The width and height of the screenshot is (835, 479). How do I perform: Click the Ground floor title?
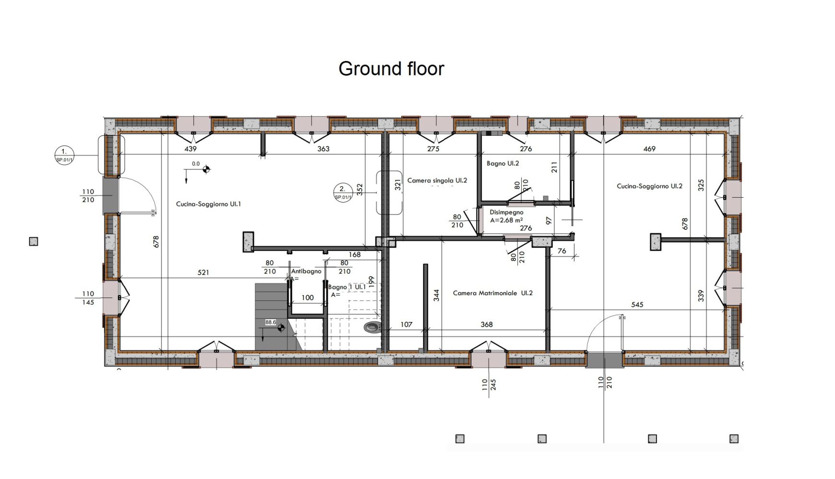[391, 69]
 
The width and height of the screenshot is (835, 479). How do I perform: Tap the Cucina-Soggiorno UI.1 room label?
[208, 204]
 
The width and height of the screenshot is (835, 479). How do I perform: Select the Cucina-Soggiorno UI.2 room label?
[649, 186]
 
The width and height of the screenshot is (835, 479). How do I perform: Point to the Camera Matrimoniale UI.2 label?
[493, 293]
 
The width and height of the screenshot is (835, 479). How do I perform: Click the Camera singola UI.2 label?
[437, 180]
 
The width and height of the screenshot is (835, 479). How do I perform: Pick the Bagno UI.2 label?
[502, 163]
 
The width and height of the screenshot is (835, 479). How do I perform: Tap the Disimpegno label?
[506, 212]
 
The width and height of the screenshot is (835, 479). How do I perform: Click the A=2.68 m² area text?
[506, 220]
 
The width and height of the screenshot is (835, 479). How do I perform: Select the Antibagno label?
[306, 271]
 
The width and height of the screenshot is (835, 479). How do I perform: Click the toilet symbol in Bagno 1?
[372, 328]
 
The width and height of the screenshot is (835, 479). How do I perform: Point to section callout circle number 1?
[64, 155]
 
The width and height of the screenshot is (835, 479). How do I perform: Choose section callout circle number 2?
[343, 192]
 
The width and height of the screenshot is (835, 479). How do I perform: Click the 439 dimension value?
[191, 149]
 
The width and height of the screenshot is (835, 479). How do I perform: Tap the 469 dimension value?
[649, 149]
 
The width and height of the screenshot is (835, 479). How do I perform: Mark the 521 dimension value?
[203, 273]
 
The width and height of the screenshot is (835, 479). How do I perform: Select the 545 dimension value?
[637, 305]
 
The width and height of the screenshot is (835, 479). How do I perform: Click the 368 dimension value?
[487, 324]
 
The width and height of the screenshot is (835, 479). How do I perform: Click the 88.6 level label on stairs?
[271, 323]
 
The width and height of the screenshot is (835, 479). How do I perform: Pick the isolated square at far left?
[34, 241]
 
